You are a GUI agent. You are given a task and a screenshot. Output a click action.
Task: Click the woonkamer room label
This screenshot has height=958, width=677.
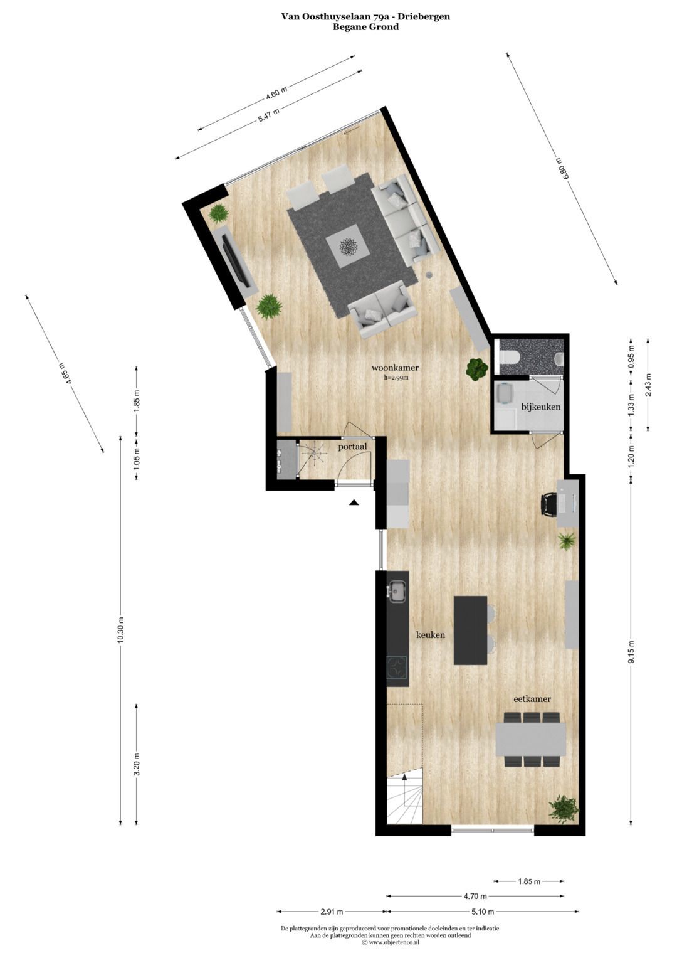[x=395, y=368]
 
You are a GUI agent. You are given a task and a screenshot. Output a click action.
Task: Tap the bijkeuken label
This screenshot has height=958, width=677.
[x=540, y=407]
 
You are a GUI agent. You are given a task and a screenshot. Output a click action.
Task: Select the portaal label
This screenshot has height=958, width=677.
[x=352, y=447]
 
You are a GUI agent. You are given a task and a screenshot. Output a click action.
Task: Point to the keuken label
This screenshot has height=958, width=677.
[x=431, y=635]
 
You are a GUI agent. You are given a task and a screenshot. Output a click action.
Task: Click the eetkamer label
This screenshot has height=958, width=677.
[x=532, y=698]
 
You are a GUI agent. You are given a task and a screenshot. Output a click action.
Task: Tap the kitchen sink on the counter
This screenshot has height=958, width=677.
[x=397, y=590]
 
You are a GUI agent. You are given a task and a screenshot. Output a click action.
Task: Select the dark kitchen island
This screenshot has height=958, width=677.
[x=470, y=630]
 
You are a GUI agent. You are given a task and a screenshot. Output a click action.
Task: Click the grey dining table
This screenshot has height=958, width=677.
[x=530, y=740]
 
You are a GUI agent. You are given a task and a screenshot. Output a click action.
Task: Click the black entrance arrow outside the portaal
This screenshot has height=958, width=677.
[x=354, y=502]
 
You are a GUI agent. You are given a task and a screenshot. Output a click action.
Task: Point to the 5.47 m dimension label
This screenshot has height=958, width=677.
[x=269, y=115]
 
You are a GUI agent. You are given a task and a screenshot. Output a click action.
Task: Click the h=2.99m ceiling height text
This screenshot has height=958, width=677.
[x=396, y=378]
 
